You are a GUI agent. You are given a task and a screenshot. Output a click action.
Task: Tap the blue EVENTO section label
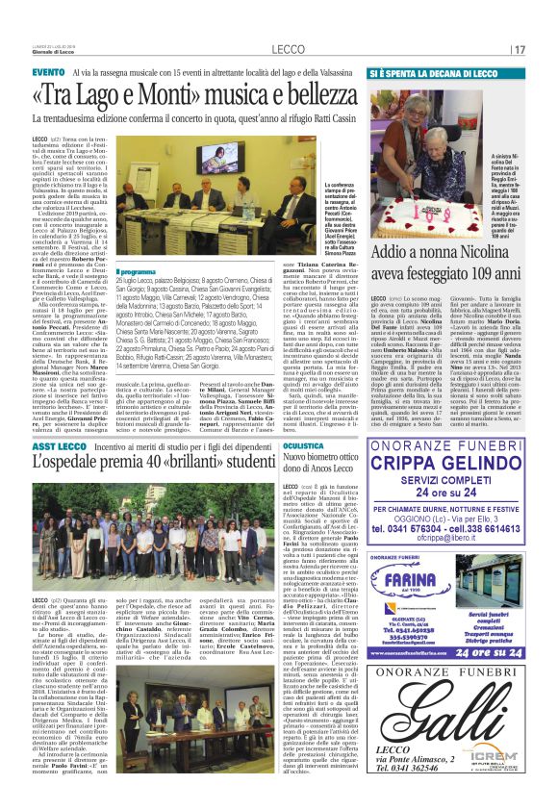[48, 73]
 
